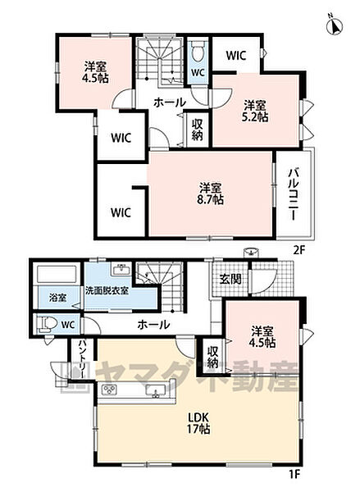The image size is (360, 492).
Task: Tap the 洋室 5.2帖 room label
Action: click(253, 111)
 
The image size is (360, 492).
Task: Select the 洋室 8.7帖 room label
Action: click(211, 191)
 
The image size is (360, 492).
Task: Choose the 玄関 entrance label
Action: click(230, 280)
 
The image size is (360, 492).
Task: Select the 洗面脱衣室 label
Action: click(106, 290)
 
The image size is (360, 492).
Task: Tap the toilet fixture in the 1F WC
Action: click(43, 324)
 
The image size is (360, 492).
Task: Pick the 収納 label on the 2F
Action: click(198, 130)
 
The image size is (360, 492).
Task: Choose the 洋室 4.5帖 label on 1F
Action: click(263, 336)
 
